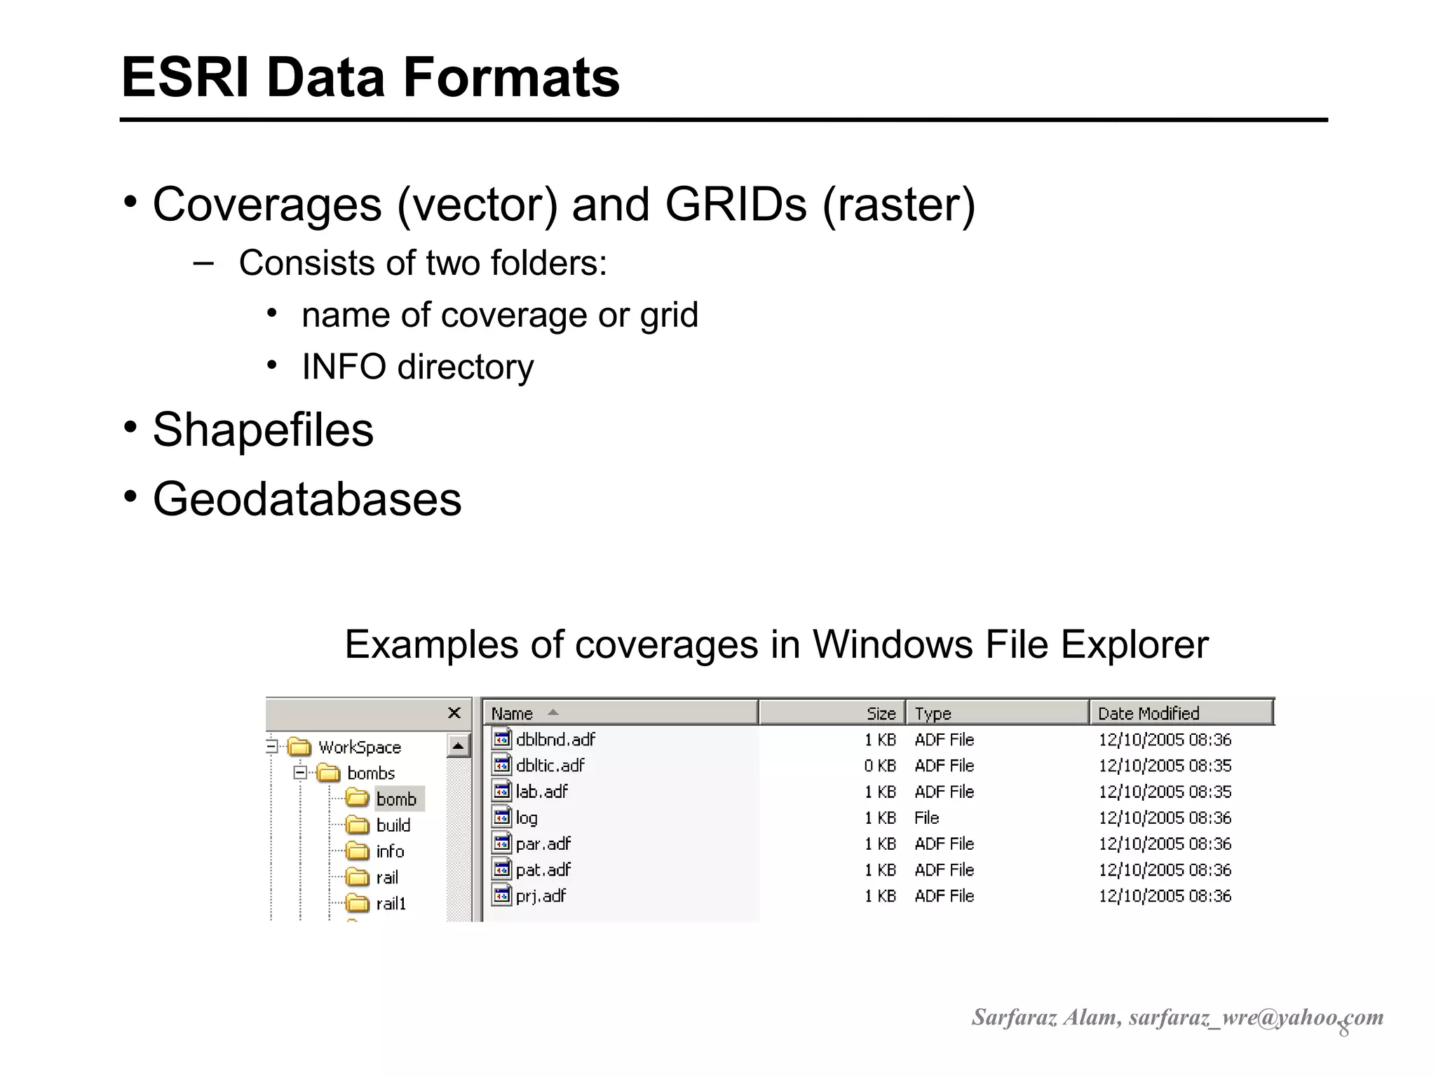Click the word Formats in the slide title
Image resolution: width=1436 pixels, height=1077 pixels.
(511, 77)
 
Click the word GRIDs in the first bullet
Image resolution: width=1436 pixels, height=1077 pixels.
(736, 205)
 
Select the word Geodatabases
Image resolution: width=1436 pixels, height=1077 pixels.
(307, 499)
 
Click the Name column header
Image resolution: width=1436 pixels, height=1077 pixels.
(512, 713)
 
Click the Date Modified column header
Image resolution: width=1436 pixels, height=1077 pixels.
(1149, 713)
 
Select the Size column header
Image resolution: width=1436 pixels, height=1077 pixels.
(881, 713)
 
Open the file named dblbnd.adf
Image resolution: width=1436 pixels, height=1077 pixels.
(555, 739)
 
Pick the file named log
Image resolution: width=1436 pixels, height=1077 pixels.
(526, 818)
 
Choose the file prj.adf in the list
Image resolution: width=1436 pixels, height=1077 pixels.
(540, 895)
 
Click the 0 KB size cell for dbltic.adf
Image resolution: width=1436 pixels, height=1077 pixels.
(880, 765)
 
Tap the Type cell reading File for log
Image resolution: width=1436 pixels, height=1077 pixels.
(926, 818)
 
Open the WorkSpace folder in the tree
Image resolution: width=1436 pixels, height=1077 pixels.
(359, 747)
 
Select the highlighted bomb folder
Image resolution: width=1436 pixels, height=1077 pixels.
(396, 799)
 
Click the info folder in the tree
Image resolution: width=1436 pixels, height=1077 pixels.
(390, 851)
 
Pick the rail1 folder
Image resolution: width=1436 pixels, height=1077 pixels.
(391, 903)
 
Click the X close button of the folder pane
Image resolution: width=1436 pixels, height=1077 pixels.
(454, 713)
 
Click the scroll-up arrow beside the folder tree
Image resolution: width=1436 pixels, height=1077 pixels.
(458, 745)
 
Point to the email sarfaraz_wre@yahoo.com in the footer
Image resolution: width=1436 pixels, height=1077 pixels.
(1256, 1017)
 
